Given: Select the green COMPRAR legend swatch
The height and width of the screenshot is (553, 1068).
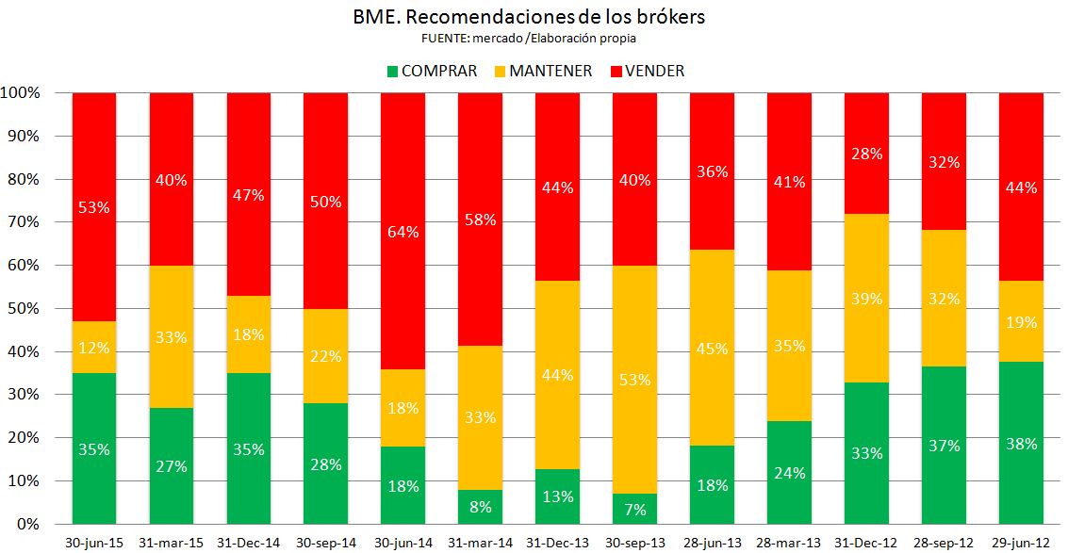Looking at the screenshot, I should [x=392, y=71].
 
